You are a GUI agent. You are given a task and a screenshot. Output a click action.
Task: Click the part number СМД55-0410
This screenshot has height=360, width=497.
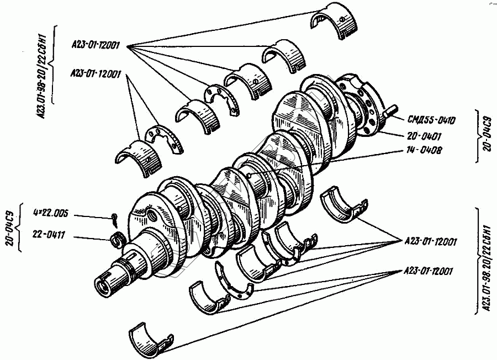coord(432,119)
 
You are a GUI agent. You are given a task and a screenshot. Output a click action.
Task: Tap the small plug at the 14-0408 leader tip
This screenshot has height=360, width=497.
coord(250,176)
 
